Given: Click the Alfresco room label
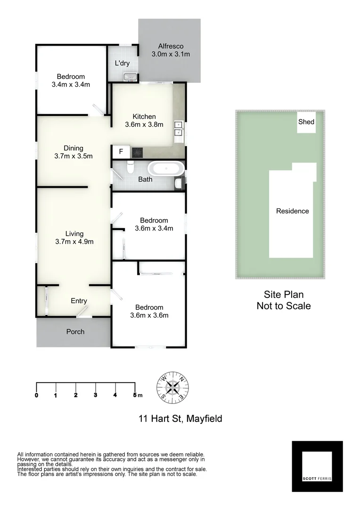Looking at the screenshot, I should pyautogui.click(x=171, y=46).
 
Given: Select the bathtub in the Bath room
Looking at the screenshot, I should pyautogui.click(x=165, y=168).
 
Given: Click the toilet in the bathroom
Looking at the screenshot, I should pyautogui.click(x=131, y=167).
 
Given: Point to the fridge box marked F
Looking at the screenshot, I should pyautogui.click(x=121, y=152).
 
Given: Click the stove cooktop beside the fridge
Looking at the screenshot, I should pyautogui.click(x=137, y=152).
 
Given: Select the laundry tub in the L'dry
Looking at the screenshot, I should pyautogui.click(x=130, y=76).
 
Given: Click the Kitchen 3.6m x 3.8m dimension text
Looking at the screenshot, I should pyautogui.click(x=144, y=125).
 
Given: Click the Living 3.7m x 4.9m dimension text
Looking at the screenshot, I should pyautogui.click(x=74, y=242).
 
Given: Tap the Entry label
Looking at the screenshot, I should pyautogui.click(x=79, y=301).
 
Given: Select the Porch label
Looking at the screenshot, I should pyautogui.click(x=75, y=332).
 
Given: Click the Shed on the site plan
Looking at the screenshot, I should pyautogui.click(x=306, y=123).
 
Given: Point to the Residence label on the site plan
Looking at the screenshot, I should pyautogui.click(x=292, y=211).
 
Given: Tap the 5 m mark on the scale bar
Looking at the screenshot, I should pyautogui.click(x=135, y=395).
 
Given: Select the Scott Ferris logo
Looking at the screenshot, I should pyautogui.click(x=317, y=466).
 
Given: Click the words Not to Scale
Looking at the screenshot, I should pyautogui.click(x=283, y=306).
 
